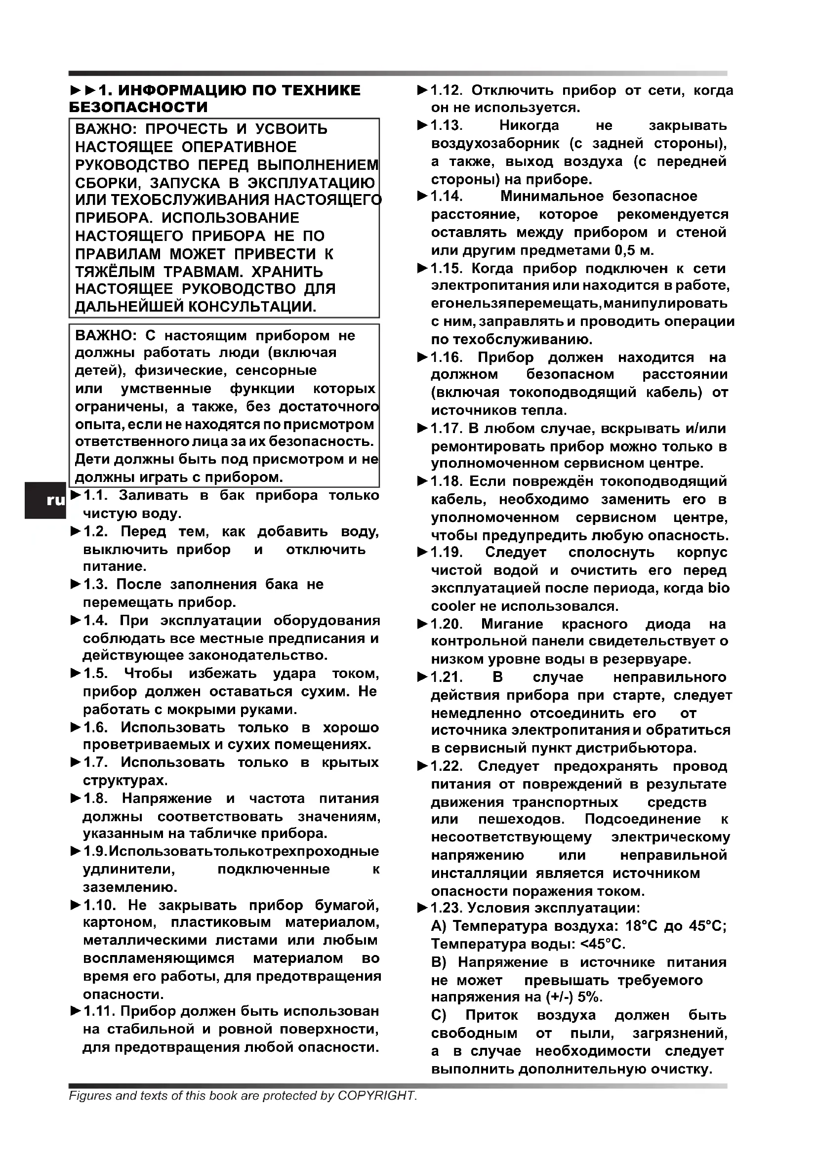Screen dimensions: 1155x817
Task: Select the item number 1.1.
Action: pyautogui.click(x=96, y=495)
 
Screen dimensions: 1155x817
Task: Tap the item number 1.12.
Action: pyautogui.click(x=446, y=90)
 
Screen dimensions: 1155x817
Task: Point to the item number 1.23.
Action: pyautogui.click(x=446, y=908)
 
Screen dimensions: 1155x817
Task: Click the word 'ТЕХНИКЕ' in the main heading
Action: pyautogui.click(x=322, y=90)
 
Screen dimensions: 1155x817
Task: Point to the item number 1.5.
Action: pyautogui.click(x=96, y=674)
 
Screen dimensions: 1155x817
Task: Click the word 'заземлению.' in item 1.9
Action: pyautogui.click(x=130, y=887)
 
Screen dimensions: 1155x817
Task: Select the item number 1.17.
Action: pyautogui.click(x=446, y=429)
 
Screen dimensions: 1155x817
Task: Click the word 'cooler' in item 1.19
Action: pyautogui.click(x=453, y=606)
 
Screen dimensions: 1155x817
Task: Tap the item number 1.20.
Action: pyautogui.click(x=446, y=624)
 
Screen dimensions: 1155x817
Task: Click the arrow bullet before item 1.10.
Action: pyautogui.click(x=76, y=906)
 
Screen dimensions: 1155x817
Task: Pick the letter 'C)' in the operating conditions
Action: pyautogui.click(x=439, y=1015)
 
